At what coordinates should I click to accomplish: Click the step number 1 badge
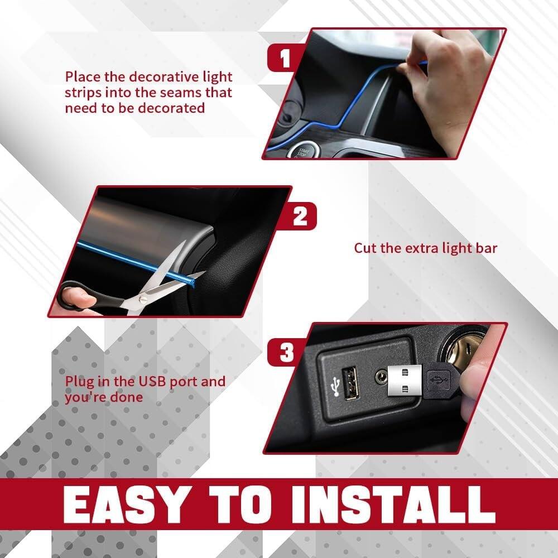pos(286,59)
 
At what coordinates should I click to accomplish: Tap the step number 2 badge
pos(300,217)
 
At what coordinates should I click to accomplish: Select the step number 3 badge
pos(287,354)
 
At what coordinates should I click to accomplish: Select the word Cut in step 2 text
pos(365,248)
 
